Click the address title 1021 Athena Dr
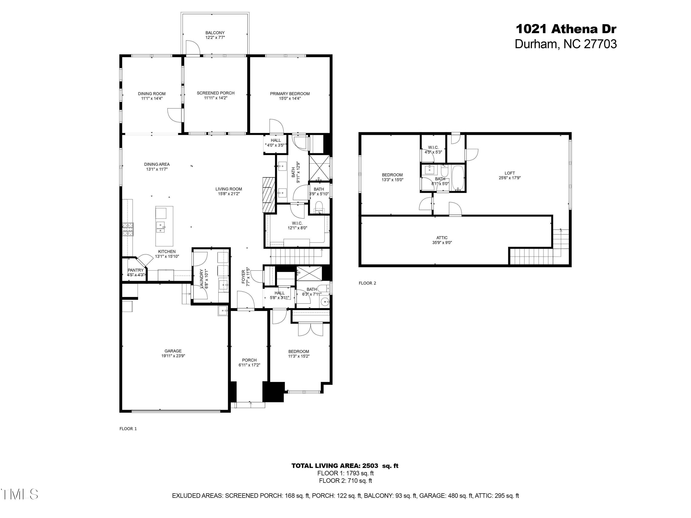pos(566,29)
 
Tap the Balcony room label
pos(215,33)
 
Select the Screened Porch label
pos(216,93)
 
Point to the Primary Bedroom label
pos(290,94)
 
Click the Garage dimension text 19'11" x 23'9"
pos(173,356)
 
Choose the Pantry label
pos(136,270)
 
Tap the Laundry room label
pos(202,279)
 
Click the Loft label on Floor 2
pos(509,173)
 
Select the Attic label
pos(442,238)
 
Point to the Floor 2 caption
pos(367,283)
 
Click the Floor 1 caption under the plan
pos(128,429)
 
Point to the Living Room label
pos(229,189)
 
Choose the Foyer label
pos(244,277)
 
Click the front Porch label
pos(249,360)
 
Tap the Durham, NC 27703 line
pos(566,44)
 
